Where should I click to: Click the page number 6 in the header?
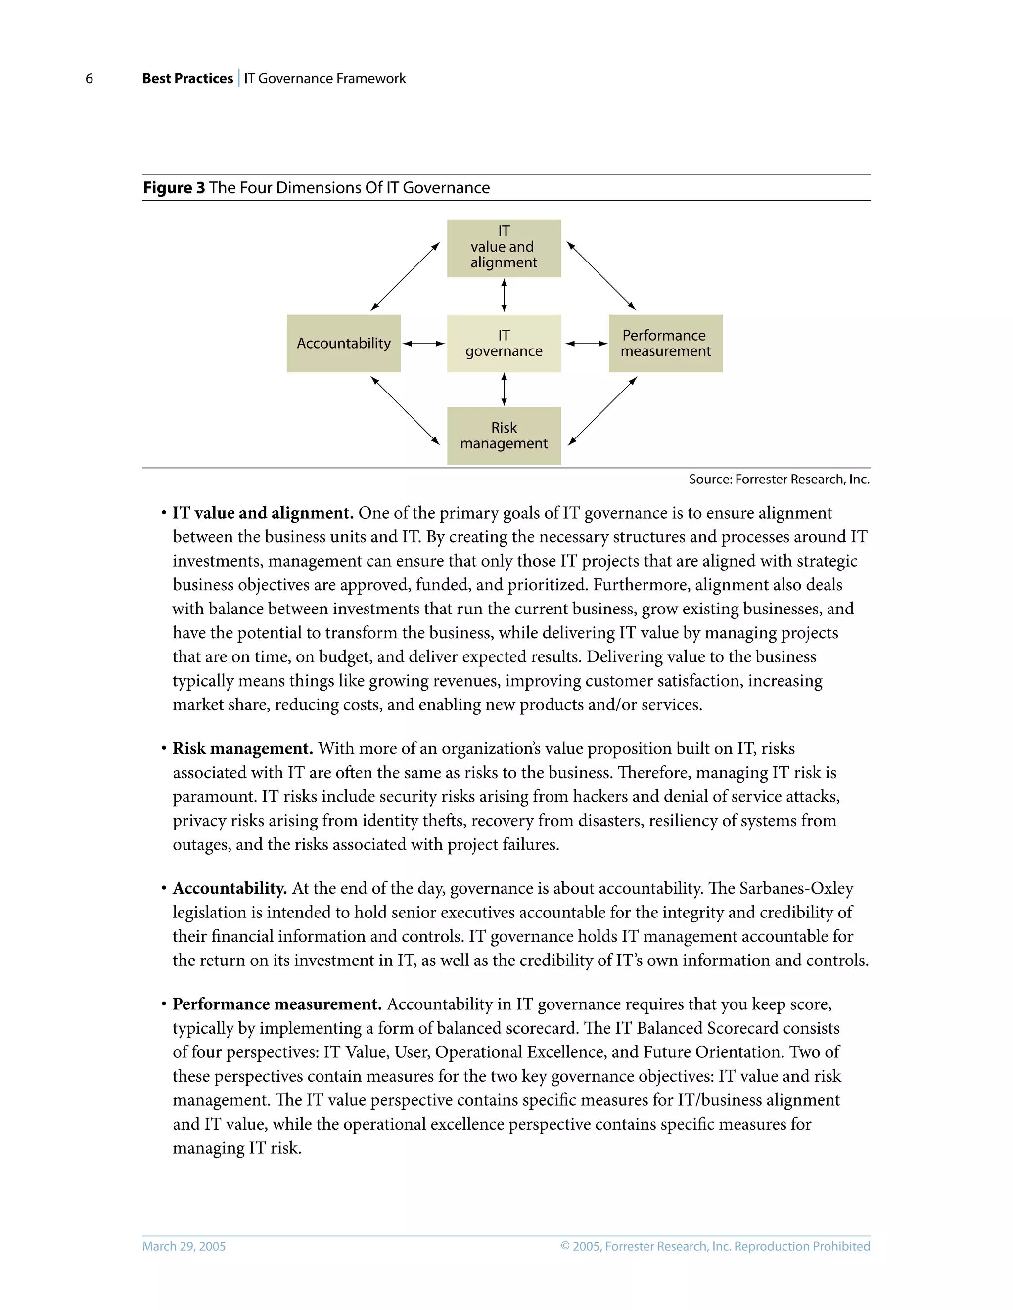pyautogui.click(x=90, y=79)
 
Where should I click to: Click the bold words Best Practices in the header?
pyautogui.click(x=187, y=79)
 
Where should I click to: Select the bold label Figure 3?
pyautogui.click(x=174, y=188)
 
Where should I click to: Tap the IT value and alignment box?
pyautogui.click(x=504, y=248)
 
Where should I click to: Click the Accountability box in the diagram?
pyautogui.click(x=343, y=343)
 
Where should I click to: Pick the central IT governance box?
pyautogui.click(x=504, y=343)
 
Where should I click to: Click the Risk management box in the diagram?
pyautogui.click(x=504, y=436)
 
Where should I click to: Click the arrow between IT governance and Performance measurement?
pyautogui.click(x=586, y=344)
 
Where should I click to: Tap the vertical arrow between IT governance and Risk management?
pyautogui.click(x=504, y=389)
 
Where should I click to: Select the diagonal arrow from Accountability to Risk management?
pyautogui.click(x=405, y=411)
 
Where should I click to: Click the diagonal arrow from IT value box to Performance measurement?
pyautogui.click(x=601, y=276)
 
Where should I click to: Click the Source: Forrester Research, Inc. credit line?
pyautogui.click(x=779, y=479)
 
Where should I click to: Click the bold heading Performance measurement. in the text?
pyautogui.click(x=276, y=1004)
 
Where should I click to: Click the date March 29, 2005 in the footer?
pyautogui.click(x=184, y=1246)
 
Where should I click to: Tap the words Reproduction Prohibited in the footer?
pyautogui.click(x=802, y=1246)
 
